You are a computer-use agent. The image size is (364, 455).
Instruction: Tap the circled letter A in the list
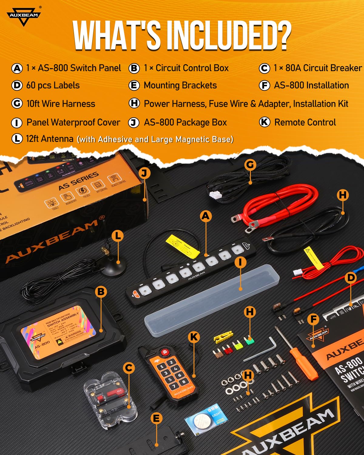tap(17, 68)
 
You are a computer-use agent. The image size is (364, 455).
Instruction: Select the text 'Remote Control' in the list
tap(305, 122)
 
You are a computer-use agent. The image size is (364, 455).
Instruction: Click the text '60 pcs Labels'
tap(53, 86)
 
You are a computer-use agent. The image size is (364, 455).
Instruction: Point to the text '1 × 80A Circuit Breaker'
tap(317, 68)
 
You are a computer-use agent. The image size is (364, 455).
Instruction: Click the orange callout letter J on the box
tap(144, 174)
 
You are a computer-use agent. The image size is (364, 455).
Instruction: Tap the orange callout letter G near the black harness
tap(250, 165)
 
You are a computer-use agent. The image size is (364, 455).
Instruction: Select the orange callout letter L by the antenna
tap(118, 236)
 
